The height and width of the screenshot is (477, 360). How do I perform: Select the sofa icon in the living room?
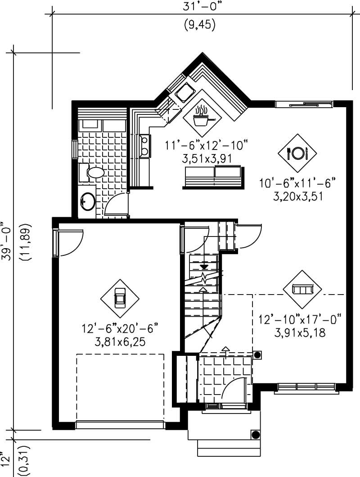pyautogui.click(x=302, y=289)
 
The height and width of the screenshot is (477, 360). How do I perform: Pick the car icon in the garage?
pyautogui.click(x=120, y=298)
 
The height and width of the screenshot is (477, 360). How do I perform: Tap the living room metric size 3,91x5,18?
pyautogui.click(x=300, y=333)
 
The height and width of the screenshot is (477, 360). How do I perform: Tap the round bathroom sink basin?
pyautogui.click(x=87, y=201)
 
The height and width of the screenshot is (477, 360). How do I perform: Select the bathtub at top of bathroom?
pyautogui.click(x=102, y=125)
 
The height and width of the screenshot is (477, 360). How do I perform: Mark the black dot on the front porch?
pyautogui.click(x=255, y=435)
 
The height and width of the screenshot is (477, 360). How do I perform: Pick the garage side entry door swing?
pyautogui.click(x=70, y=243)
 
